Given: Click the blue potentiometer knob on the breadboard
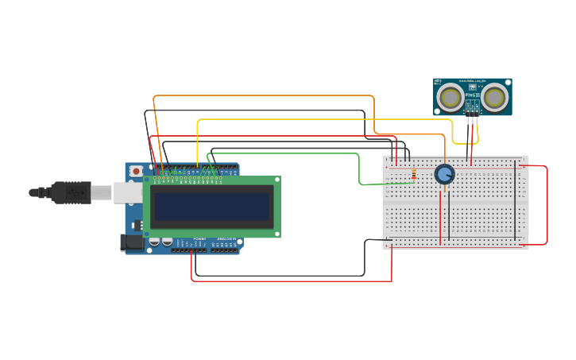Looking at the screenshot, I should click(444, 174).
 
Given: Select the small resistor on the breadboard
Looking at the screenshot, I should click(413, 174).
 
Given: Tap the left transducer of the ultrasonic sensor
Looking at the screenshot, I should click(450, 98).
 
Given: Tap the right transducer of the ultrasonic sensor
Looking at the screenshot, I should click(495, 98).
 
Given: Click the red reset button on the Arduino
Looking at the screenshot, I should click(136, 171).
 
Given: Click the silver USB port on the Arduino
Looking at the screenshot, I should click(127, 192).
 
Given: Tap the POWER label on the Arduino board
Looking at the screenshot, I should click(199, 238).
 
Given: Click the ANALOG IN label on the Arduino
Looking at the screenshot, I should click(226, 238).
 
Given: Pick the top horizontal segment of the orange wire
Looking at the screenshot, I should click(263, 96).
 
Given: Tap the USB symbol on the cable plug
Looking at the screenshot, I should click(75, 192).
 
